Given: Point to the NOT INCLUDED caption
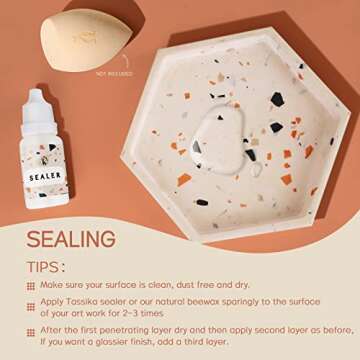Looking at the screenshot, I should (114, 73).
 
